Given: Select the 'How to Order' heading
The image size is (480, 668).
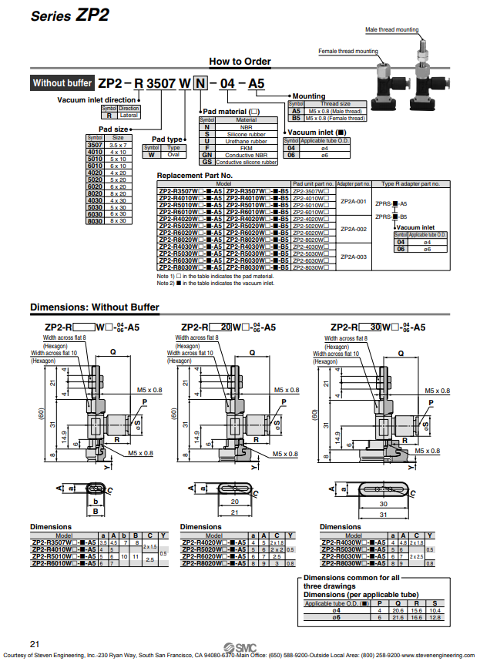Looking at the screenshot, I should pos(240,62).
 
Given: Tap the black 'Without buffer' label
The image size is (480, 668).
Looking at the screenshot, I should pos(62,82).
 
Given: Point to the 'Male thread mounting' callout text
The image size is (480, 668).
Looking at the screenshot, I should pos(391,30).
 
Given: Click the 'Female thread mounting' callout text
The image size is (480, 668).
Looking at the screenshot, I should pos(348,52).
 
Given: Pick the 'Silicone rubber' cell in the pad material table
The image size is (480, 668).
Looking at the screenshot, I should pos(246,133).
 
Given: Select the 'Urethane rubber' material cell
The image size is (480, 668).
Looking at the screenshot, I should pos(246,141).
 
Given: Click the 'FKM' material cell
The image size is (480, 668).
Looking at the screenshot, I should pos(246,148).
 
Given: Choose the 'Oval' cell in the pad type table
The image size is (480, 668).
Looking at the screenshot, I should pos(173,154).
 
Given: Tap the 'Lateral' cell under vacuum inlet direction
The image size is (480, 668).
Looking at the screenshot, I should pos(129,115).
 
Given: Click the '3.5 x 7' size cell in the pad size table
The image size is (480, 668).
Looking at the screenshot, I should pos(117,144).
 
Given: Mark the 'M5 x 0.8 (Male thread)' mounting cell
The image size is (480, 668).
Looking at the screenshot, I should pos(335,110).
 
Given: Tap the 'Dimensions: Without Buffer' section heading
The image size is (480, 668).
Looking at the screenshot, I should pos(95,307).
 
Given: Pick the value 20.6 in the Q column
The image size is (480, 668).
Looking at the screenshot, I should pos(398,609).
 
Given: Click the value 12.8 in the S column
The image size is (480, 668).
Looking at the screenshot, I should pos(436,616).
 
